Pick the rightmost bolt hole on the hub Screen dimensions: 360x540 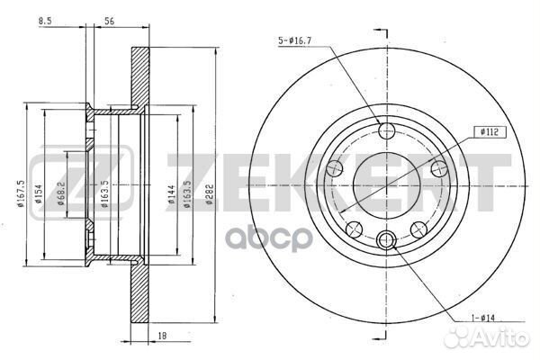click(x=440, y=168)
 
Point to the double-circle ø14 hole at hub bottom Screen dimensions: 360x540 click(x=388, y=238)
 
